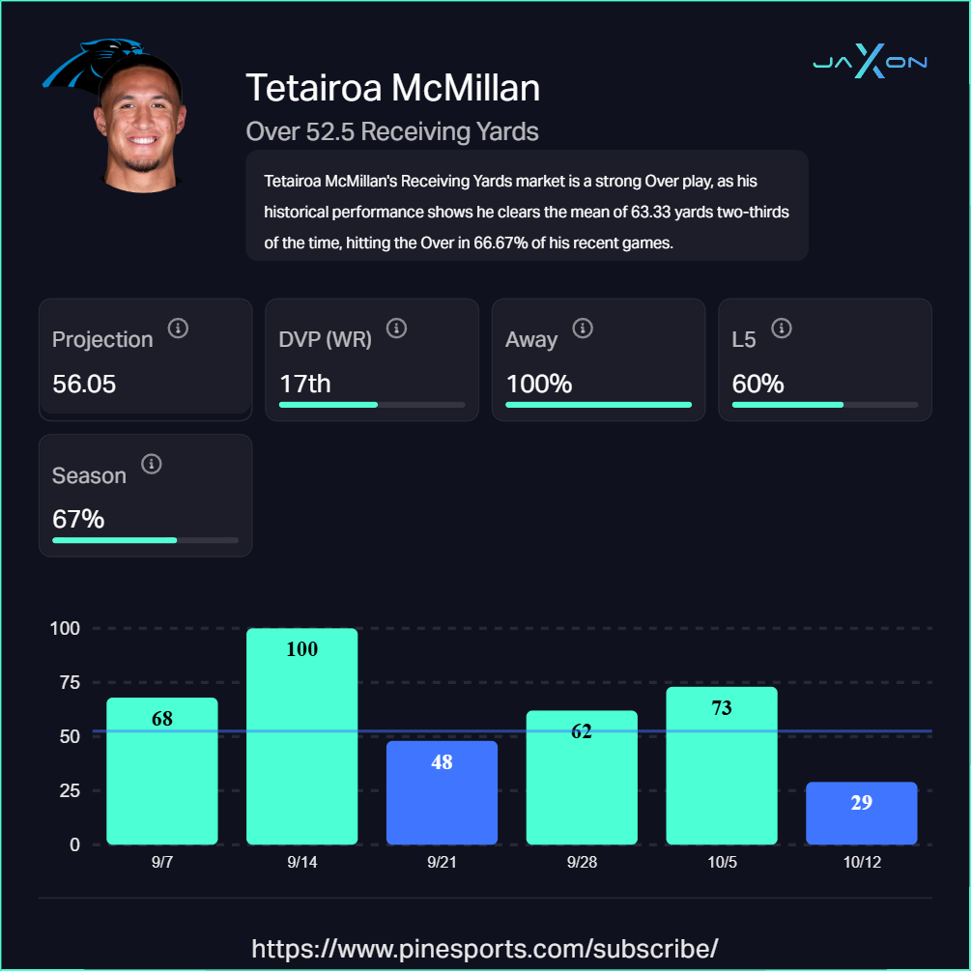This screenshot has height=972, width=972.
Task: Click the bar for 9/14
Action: pyautogui.click(x=301, y=736)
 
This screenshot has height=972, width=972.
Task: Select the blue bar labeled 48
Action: pyautogui.click(x=442, y=792)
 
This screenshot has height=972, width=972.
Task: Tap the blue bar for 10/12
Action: pyautogui.click(x=861, y=813)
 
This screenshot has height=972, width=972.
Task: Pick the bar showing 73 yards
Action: pyautogui.click(x=721, y=765)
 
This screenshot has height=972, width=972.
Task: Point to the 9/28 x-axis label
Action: pyautogui.click(x=582, y=863)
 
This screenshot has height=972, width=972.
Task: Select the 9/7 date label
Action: pyautogui.click(x=162, y=863)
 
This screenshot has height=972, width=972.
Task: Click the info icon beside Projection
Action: pyautogui.click(x=178, y=329)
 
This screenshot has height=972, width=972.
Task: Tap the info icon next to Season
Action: pyautogui.click(x=151, y=465)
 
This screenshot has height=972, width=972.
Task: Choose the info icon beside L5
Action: pyautogui.click(x=782, y=329)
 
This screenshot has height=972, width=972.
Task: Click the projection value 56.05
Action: pyautogui.click(x=84, y=384)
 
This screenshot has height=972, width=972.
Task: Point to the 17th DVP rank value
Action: pyautogui.click(x=305, y=384)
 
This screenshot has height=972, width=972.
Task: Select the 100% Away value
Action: pyautogui.click(x=539, y=384)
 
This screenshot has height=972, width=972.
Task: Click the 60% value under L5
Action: pyautogui.click(x=758, y=384)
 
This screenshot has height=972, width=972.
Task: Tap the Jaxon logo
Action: pyautogui.click(x=870, y=63)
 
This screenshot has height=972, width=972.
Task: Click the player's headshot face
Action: pyautogui.click(x=143, y=126)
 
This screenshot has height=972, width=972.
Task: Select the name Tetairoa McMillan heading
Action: pyautogui.click(x=392, y=88)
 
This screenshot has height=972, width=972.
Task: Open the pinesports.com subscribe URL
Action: pyautogui.click(x=485, y=947)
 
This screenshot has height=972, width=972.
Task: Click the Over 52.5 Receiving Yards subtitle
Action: pyautogui.click(x=392, y=130)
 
